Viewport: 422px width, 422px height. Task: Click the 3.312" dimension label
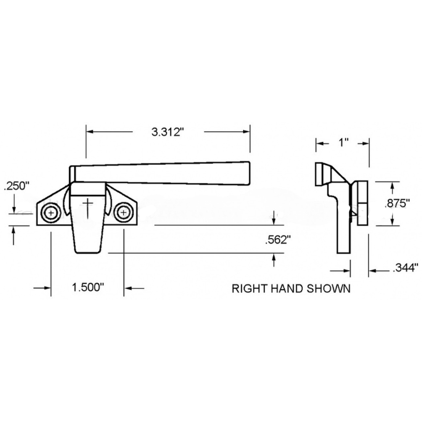(x=166, y=132)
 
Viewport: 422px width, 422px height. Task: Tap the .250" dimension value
(x=16, y=186)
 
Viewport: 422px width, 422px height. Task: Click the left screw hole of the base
(x=49, y=213)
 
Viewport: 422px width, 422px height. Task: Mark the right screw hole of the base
(x=123, y=213)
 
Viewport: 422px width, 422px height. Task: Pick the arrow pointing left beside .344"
(x=374, y=270)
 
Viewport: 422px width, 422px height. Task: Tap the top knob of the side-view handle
(x=322, y=173)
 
